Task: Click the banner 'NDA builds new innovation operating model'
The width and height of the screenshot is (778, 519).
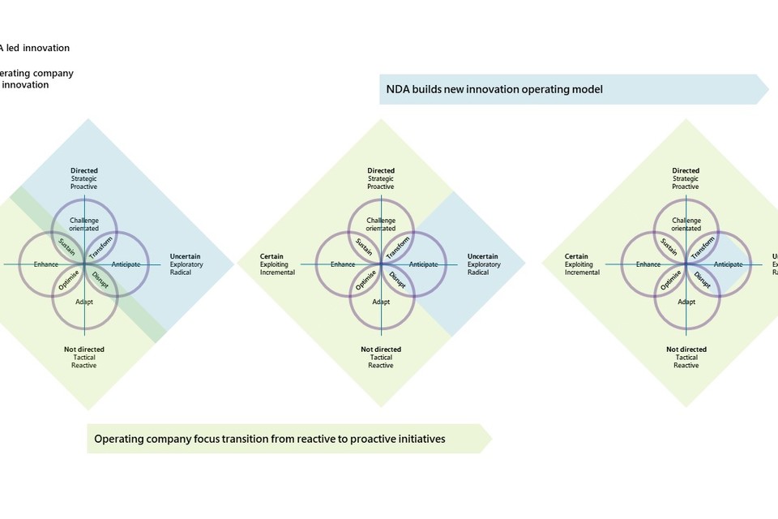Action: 494,89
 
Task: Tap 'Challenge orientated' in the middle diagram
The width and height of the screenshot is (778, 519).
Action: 381,225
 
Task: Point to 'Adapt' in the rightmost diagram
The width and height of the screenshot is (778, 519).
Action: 686,302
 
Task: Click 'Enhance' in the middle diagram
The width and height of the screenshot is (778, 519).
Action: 343,264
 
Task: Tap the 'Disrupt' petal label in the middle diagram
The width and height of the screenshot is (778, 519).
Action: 397,281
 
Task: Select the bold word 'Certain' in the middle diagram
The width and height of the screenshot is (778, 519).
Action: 273,256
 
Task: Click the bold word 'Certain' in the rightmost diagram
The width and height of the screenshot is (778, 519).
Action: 577,256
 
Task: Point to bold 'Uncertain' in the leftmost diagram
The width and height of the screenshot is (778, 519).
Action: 186,256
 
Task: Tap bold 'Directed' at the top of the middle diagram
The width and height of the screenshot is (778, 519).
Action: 381,171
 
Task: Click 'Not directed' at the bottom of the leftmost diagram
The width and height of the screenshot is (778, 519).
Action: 84,350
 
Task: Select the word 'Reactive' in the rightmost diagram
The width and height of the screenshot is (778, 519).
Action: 686,366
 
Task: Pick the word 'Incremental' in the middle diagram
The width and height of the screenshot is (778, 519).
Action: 278,272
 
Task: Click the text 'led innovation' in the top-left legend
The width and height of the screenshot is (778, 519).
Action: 40,48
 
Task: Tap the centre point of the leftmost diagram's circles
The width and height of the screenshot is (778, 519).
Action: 84,264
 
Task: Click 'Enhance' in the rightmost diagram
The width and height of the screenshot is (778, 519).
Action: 648,264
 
